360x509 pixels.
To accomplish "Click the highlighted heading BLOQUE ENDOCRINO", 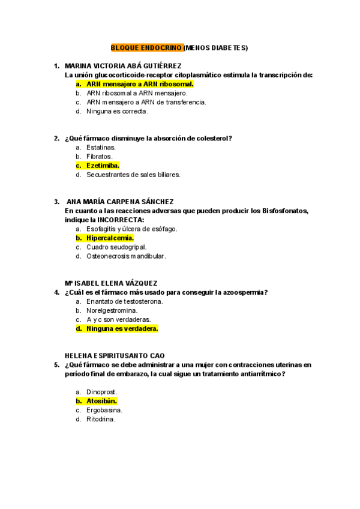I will (x=146, y=47).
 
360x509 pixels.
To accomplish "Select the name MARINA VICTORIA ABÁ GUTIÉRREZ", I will (x=122, y=66).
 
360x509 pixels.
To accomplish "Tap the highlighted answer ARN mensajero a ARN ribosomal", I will (x=140, y=84).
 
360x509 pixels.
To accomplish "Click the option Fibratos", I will (x=99, y=157).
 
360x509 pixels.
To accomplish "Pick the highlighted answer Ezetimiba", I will (x=103, y=166).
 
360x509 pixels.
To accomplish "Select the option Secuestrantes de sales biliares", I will (x=133, y=175).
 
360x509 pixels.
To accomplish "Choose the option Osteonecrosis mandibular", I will (x=126, y=256).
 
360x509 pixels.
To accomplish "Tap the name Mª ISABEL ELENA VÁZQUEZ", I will (x=111, y=283).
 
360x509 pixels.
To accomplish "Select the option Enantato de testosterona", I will (x=125, y=301).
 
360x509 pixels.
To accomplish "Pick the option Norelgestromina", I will (x=112, y=310).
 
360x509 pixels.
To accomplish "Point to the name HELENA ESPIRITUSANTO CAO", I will (x=115, y=355).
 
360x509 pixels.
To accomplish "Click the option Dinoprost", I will (x=101, y=392).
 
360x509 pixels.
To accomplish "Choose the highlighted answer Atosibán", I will (x=101, y=401).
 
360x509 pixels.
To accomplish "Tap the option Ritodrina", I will (x=100, y=419).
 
